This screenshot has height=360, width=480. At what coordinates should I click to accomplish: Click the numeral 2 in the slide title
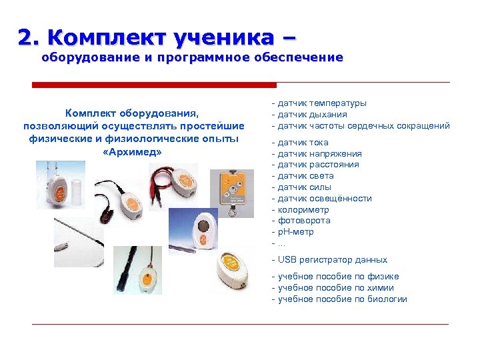(26, 37)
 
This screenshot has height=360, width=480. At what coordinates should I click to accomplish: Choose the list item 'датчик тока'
(303, 143)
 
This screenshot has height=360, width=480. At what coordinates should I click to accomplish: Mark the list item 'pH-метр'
(295, 232)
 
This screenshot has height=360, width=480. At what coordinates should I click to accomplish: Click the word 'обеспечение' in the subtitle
(300, 58)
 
